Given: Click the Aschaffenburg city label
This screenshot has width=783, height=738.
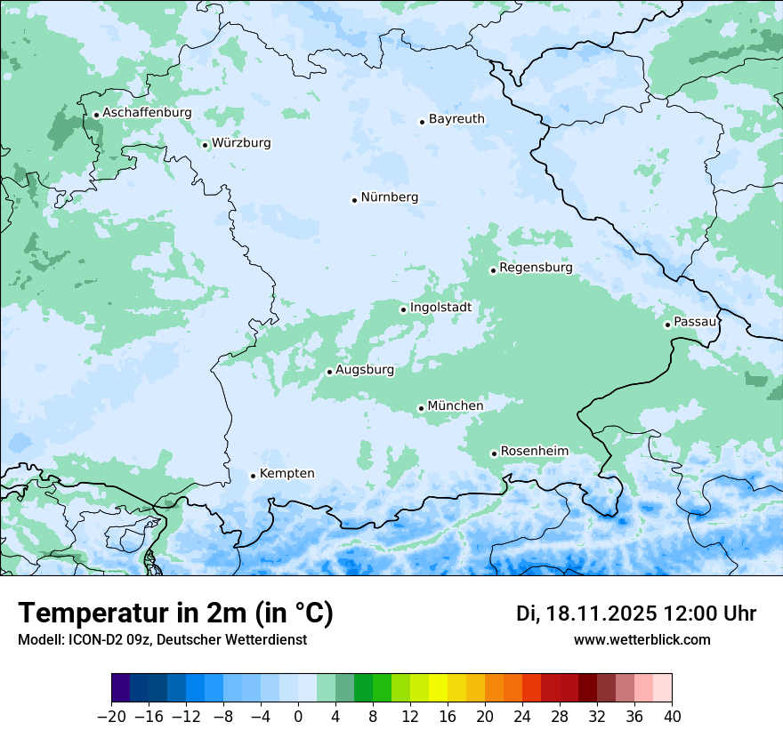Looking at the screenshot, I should point(147,113).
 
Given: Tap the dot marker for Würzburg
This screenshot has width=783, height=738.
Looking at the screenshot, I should point(205,145).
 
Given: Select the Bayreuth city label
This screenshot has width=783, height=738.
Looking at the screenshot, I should point(456,118).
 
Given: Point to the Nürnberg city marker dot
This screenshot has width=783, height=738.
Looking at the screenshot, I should point(354,200).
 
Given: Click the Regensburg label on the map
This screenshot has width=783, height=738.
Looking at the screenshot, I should point(536,268).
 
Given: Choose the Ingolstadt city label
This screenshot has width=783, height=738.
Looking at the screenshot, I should point(440,308).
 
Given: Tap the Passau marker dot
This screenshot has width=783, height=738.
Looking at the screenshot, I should point(667,325).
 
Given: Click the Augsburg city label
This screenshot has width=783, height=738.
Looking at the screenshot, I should point(365,370).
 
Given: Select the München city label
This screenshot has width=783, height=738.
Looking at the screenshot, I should point(456,406).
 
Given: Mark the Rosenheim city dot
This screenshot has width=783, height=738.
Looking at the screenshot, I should point(494,453).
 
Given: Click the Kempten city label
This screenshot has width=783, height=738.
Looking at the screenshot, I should point(287,473).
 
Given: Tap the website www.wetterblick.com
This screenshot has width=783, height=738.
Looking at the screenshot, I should point(642,640).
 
